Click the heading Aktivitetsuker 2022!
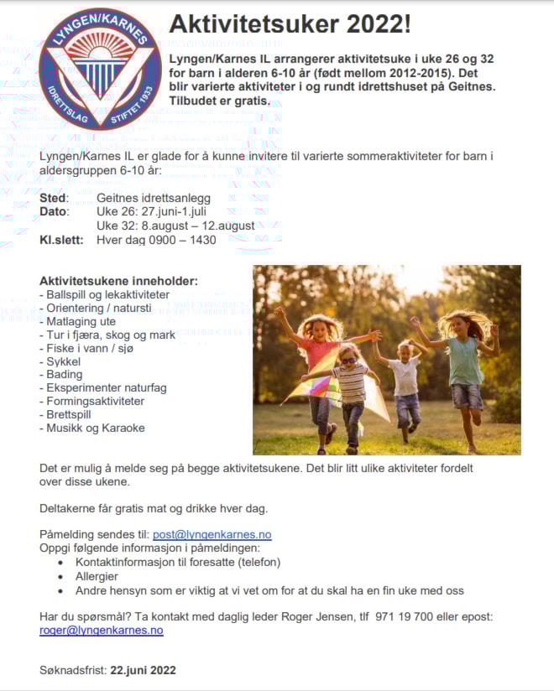click(x=290, y=25)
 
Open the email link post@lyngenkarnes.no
click(x=212, y=534)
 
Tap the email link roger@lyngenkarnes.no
click(x=102, y=631)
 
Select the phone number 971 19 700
click(x=405, y=616)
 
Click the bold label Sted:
click(x=55, y=198)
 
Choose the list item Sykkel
click(x=58, y=361)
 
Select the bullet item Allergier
click(x=97, y=576)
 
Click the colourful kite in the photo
click(x=312, y=390)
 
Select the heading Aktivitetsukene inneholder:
click(x=118, y=280)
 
